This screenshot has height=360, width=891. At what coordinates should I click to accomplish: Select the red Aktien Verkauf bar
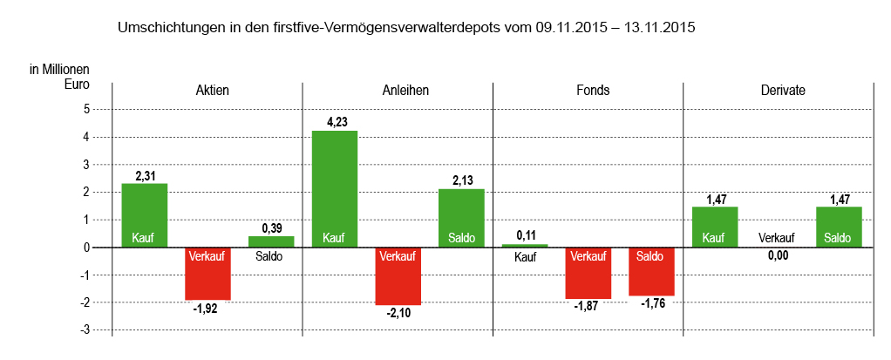point(207,274)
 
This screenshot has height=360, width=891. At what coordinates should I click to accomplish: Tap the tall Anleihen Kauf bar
point(335,188)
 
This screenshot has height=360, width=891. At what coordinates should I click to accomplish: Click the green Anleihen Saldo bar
point(461,218)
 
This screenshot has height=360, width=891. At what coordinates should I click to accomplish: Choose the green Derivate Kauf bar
point(715,227)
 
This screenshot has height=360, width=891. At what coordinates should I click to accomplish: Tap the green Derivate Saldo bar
point(839,227)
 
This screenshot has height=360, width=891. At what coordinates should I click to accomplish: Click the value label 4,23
point(336,123)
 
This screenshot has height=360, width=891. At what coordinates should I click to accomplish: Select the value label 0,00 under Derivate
point(776,255)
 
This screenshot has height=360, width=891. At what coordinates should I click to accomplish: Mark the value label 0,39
point(271,228)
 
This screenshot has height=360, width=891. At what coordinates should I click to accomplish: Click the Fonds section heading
point(593,90)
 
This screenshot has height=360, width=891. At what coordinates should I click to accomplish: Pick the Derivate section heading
point(782,90)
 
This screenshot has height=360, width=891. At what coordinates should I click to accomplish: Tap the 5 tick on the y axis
point(86,109)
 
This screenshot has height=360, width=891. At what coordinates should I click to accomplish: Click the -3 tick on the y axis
point(85,329)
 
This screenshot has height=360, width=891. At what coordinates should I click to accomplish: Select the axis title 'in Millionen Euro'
point(60,77)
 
